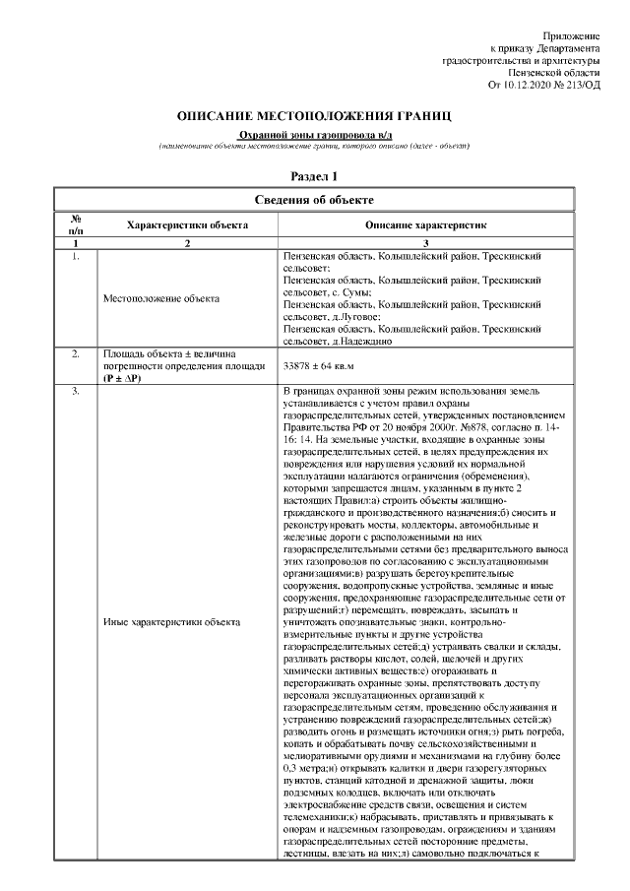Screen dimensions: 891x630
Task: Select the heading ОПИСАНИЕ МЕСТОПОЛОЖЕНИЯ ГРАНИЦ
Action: (314, 116)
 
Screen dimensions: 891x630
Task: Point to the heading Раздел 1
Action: (314, 176)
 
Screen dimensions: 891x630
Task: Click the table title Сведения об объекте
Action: (314, 200)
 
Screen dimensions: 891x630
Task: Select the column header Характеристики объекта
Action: (187, 225)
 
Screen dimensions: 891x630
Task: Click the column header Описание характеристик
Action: (425, 225)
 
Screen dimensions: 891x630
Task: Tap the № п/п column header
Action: (75, 224)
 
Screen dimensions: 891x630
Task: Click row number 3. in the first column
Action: (75, 393)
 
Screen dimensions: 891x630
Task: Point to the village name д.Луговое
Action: (353, 317)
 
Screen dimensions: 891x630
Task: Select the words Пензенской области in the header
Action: (552, 73)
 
